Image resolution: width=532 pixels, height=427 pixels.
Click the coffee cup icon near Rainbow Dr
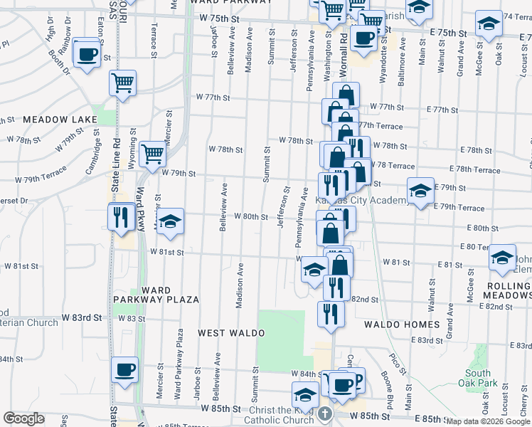[87, 53]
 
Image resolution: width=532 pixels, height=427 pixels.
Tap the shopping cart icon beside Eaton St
[123, 83]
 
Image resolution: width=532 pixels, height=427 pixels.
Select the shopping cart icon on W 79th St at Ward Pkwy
[152, 152]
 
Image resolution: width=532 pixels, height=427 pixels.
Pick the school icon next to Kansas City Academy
[420, 191]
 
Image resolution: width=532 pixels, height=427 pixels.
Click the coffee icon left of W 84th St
[125, 370]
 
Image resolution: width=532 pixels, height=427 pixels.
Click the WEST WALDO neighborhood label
[225, 332]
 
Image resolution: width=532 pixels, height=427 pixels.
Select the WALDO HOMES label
[402, 325]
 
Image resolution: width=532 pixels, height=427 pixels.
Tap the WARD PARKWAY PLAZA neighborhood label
[169, 295]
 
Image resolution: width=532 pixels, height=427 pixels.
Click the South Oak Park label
[478, 378]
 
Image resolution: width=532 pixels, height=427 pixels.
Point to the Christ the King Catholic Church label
[282, 416]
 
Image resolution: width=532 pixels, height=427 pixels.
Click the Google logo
[23, 418]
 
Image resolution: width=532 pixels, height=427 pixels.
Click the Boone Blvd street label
[382, 384]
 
